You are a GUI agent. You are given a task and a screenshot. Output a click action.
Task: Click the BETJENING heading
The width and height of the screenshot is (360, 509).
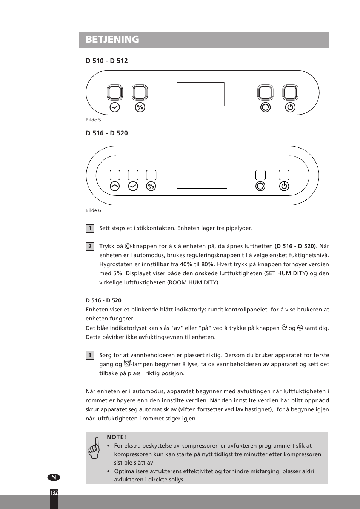point(112,40)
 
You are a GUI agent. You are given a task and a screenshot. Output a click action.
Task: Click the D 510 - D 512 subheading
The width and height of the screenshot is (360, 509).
point(106,61)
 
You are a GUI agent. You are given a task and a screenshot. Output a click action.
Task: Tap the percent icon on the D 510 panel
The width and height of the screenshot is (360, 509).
point(140,107)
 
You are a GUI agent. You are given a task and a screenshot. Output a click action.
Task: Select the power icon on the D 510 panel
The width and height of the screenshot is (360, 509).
point(290,107)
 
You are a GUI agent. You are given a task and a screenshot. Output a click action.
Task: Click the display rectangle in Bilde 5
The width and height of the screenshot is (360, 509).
point(200,94)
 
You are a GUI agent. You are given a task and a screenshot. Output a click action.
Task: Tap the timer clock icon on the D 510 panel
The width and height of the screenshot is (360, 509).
point(115,107)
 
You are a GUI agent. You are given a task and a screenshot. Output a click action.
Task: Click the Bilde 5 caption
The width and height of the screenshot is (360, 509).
point(93,120)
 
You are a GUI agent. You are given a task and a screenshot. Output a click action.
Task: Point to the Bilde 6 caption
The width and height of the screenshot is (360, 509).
point(93,210)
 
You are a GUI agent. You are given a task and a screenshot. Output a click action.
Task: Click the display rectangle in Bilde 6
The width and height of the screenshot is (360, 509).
point(202,175)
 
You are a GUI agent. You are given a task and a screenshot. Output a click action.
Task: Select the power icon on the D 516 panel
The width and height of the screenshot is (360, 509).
point(284,186)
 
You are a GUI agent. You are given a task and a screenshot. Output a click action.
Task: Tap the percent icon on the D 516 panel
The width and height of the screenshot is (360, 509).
point(151,186)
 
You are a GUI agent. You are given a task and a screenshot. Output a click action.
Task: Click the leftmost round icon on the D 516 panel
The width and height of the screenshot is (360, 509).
point(115,186)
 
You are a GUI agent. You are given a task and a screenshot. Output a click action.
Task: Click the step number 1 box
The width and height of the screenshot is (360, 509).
point(90,228)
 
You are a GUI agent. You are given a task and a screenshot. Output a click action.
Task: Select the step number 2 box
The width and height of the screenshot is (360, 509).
point(90,246)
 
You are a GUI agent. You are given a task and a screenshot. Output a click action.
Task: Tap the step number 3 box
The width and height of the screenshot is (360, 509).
point(90,355)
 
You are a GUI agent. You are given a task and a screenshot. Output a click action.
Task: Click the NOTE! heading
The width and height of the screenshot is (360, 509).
point(116,437)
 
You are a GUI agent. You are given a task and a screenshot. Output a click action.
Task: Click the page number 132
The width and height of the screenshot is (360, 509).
point(54,493)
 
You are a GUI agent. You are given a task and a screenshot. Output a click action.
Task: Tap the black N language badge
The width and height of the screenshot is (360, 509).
point(54,477)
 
